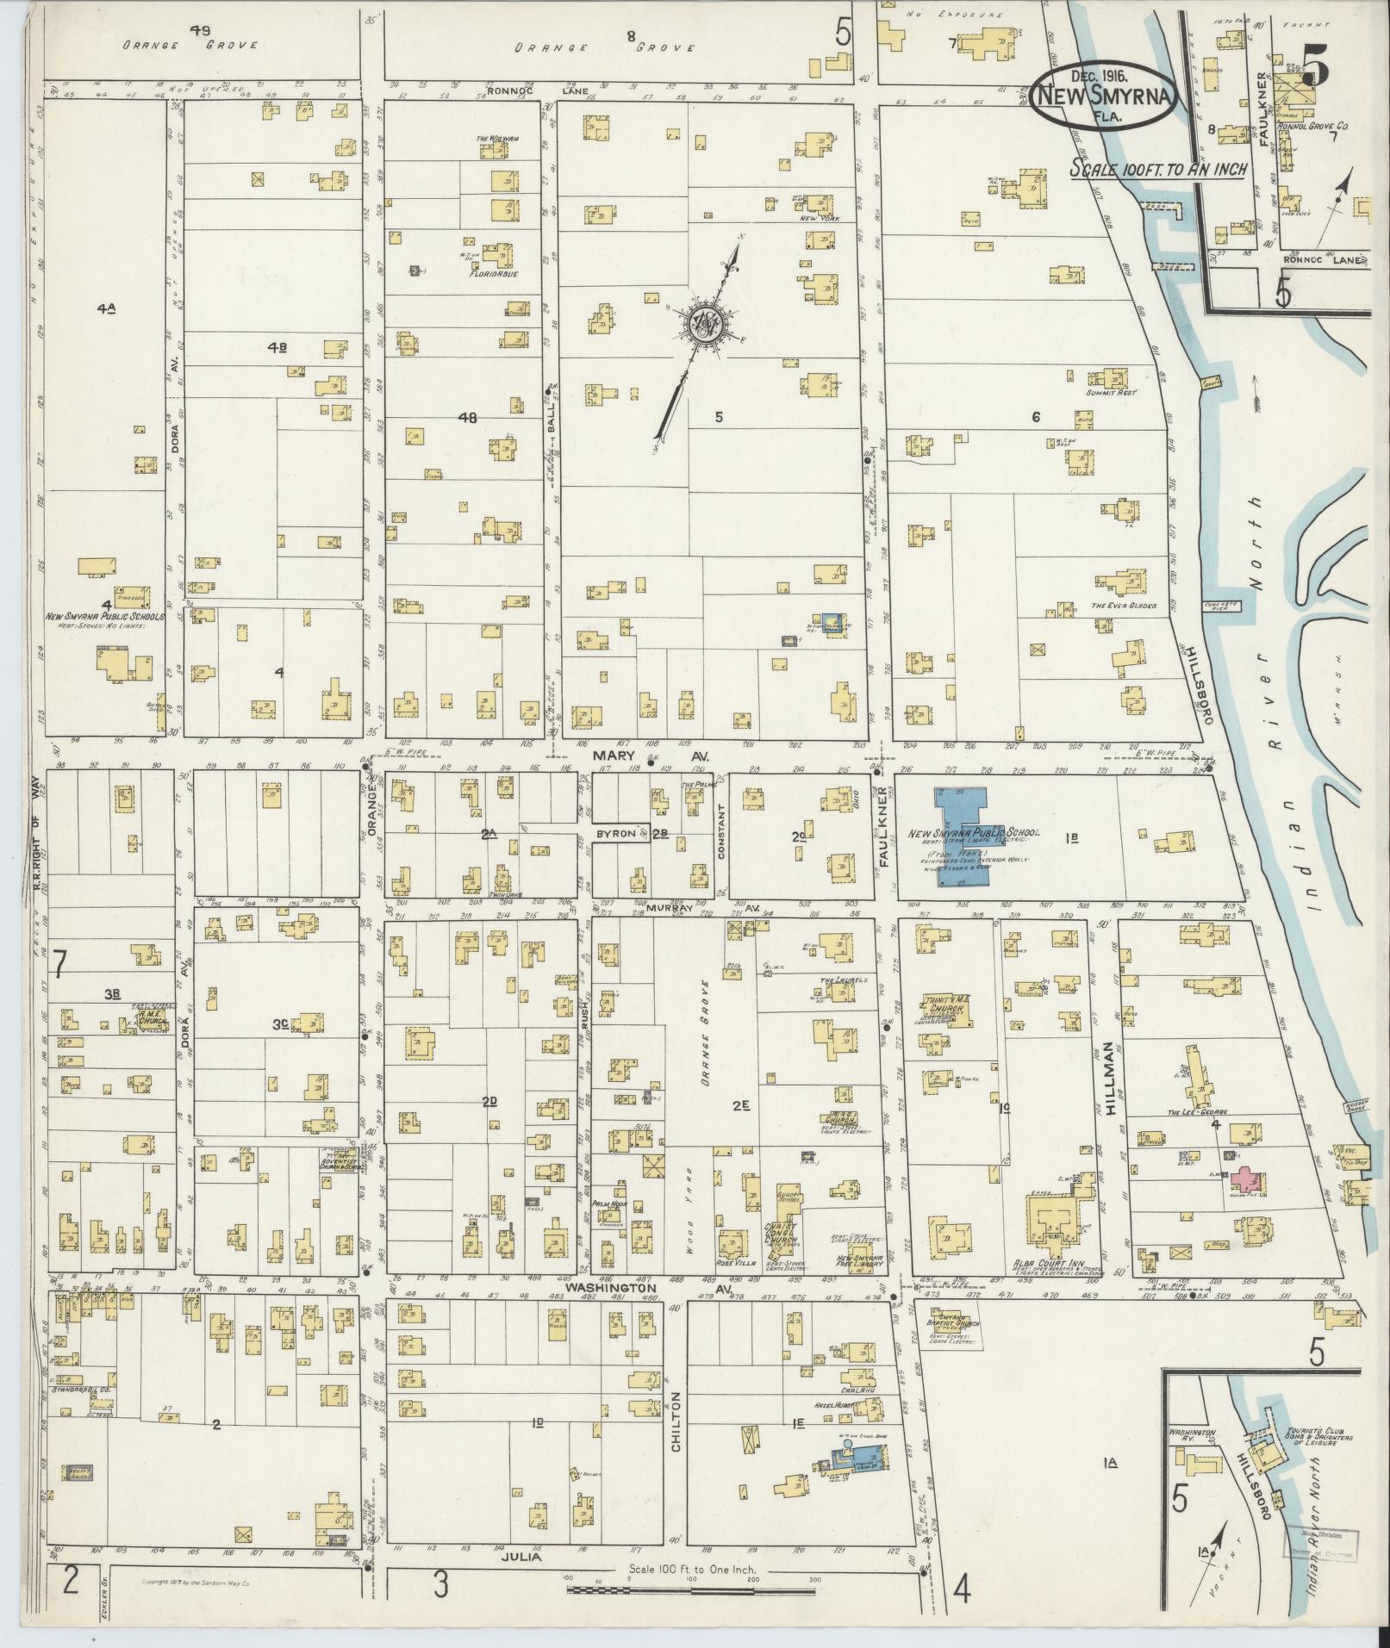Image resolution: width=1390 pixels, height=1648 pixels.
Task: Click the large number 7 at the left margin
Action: click(58, 964)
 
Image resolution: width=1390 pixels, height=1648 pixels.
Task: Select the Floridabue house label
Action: click(492, 277)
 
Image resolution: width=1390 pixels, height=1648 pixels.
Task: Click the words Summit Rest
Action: click(1113, 392)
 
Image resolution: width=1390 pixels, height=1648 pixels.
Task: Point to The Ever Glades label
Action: click(1124, 606)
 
